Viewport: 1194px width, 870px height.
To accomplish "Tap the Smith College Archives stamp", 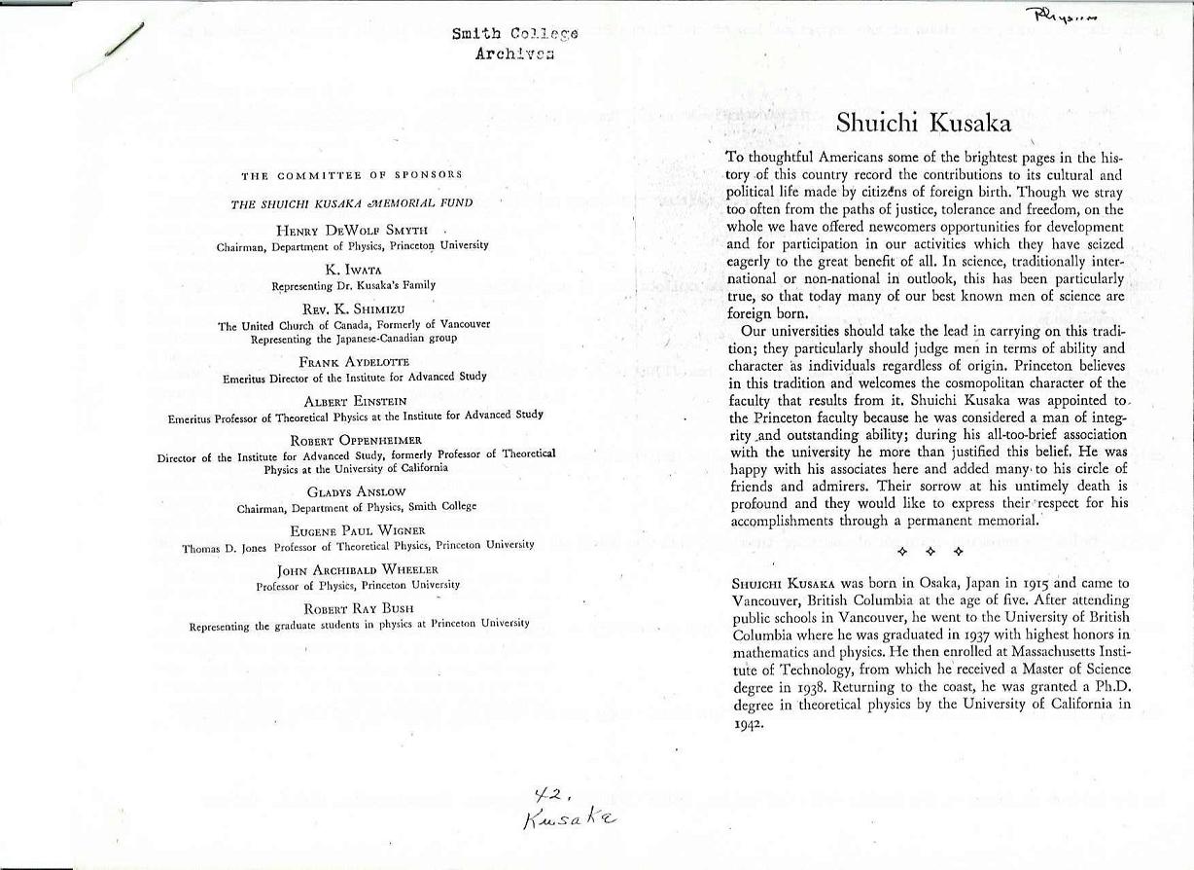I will (x=514, y=43).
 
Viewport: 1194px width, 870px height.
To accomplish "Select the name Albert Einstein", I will (x=355, y=401).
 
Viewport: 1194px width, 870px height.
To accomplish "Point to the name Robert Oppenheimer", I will (x=356, y=440).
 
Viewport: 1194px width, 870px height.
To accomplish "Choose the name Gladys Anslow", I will (x=356, y=492).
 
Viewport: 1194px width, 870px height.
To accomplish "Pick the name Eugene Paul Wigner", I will (x=358, y=530).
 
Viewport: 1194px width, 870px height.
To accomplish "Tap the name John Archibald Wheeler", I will (x=358, y=569).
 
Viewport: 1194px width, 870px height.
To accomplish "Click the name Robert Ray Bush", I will (x=359, y=608).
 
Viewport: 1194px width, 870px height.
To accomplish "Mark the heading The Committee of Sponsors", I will (x=352, y=175).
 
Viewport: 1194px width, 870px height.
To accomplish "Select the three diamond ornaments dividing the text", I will (x=930, y=552).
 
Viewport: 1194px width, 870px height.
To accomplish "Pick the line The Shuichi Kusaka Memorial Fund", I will (x=352, y=203).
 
